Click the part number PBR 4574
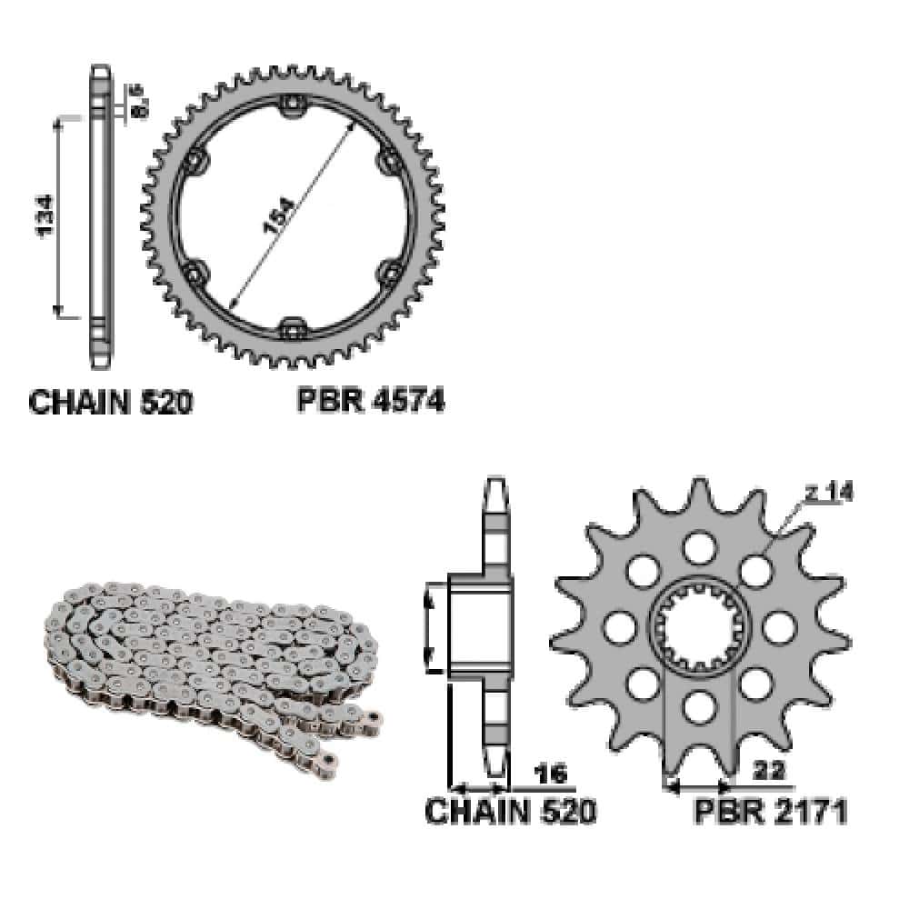(371, 401)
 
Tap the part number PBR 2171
(771, 811)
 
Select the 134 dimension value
(44, 215)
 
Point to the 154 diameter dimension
(279, 215)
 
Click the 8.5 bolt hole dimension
(139, 102)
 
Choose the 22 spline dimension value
(769, 771)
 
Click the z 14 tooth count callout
(828, 493)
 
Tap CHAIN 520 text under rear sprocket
(110, 402)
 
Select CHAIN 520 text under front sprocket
(510, 811)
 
